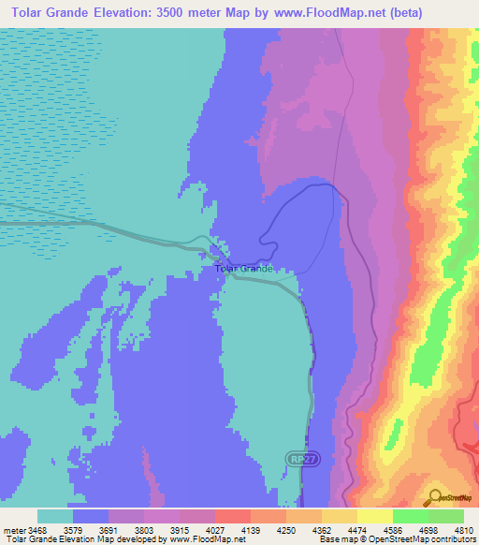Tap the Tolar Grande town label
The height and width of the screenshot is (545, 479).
(243, 269)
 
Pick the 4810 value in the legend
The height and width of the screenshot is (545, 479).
(464, 530)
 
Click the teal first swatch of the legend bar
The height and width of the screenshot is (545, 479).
(55, 516)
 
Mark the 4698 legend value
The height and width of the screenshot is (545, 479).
(429, 530)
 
